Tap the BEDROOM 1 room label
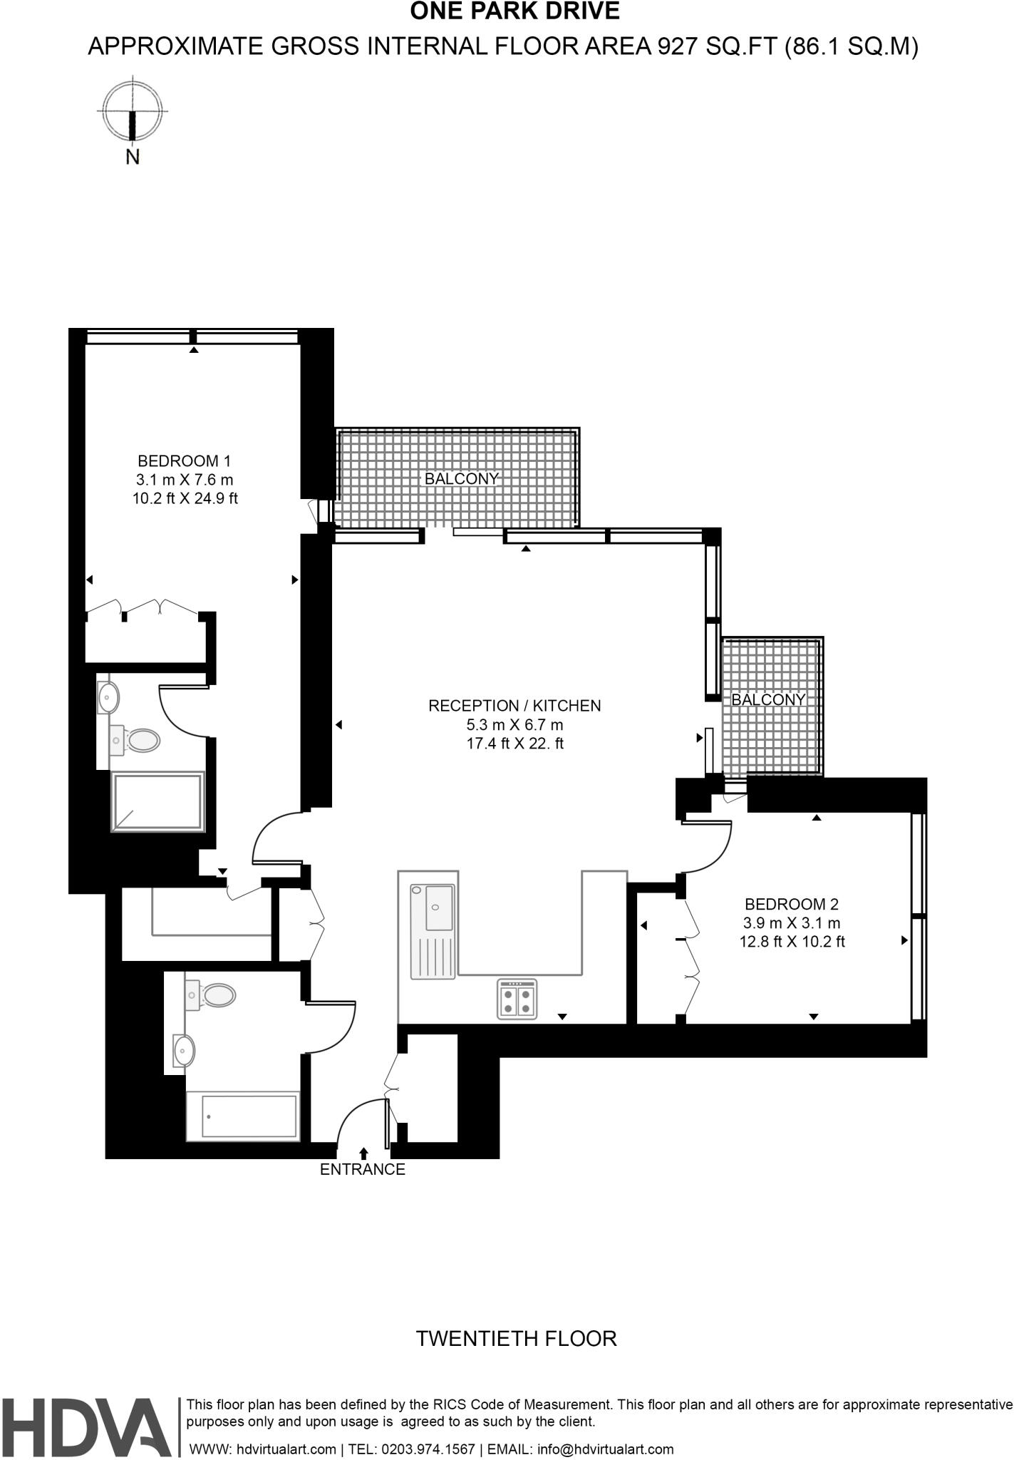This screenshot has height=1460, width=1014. [185, 461]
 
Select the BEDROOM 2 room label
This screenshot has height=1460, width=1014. [792, 904]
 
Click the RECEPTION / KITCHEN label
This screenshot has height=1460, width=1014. [514, 706]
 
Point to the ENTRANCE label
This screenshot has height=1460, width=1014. [362, 1169]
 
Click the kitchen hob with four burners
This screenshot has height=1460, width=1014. [517, 999]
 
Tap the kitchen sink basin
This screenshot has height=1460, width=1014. [440, 907]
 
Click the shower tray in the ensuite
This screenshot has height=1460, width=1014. [158, 801]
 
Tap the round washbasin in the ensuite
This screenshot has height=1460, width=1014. [109, 696]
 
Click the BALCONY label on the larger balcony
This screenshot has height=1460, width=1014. [461, 479]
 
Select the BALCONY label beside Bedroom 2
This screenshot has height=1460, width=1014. [768, 699]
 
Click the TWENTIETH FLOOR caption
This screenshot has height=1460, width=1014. [516, 1338]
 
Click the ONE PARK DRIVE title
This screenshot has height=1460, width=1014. [514, 12]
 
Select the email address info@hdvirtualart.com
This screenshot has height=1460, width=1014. [605, 1449]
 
